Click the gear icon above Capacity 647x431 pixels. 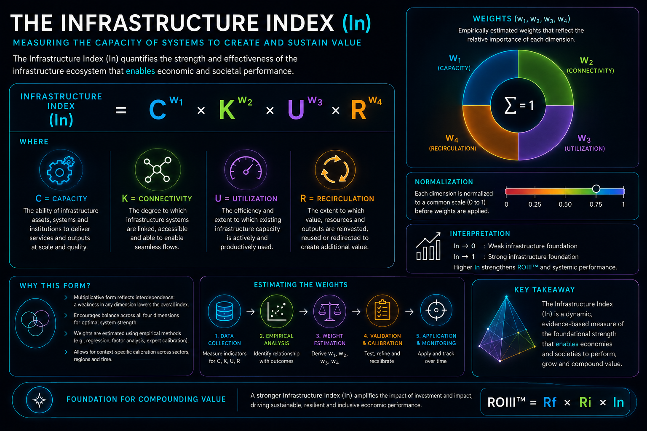pyautogui.click(x=61, y=170)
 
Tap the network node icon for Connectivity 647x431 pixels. pyautogui.click(x=158, y=170)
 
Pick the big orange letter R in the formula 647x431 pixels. pyautogui.click(x=358, y=110)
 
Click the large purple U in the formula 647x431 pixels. pyautogui.click(x=296, y=110)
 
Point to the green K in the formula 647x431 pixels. pyautogui.click(x=227, y=110)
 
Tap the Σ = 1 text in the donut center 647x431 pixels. pyautogui.click(x=519, y=105)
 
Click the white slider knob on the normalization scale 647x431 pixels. pyautogui.click(x=596, y=189)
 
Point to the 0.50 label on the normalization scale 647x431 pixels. pyautogui.click(x=565, y=205)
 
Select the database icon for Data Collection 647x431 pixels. pyautogui.click(x=224, y=311)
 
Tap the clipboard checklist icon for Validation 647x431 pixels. pyautogui.click(x=382, y=310)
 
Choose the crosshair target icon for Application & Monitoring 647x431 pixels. pyautogui.click(x=436, y=310)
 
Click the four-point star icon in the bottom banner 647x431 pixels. pyautogui.click(x=39, y=400)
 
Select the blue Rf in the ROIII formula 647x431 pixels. pyautogui.click(x=550, y=402)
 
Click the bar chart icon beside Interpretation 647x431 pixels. pyautogui.click(x=428, y=246)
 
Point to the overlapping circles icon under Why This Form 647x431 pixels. pyautogui.click(x=35, y=323)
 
